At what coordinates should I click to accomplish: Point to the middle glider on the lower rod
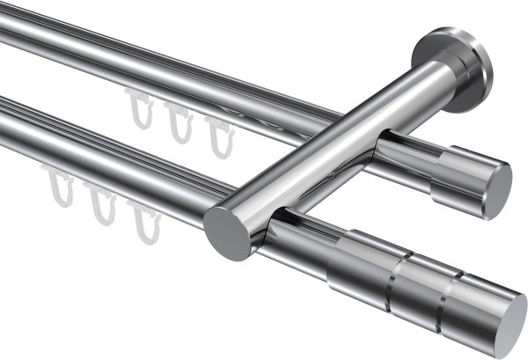(103, 207)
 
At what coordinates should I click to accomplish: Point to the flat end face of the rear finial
(497, 186)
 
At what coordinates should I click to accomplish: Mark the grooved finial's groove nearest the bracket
(392, 268)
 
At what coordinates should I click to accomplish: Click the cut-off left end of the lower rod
(4, 119)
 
